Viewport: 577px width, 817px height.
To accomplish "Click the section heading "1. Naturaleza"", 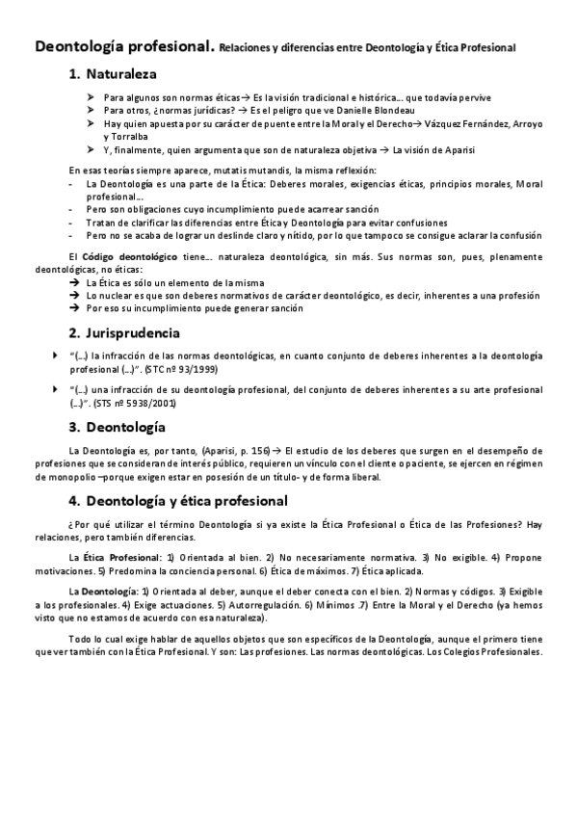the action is pyautogui.click(x=112, y=73).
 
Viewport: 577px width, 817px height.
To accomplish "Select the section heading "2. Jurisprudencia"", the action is pyautogui.click(x=124, y=333).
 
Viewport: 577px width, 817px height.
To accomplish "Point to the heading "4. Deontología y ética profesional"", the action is pyautogui.click(x=177, y=501).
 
